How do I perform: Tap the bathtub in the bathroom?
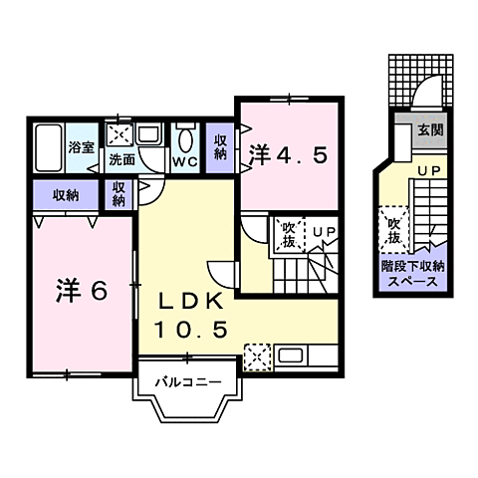(x=47, y=149)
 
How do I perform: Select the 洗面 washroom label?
(x=121, y=158)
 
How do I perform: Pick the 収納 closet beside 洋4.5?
(x=221, y=146)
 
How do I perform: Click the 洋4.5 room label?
(x=289, y=154)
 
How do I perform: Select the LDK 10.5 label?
(x=193, y=313)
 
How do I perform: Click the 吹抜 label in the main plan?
(x=289, y=234)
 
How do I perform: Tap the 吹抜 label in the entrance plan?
(x=392, y=230)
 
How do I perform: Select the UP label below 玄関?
(x=429, y=172)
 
